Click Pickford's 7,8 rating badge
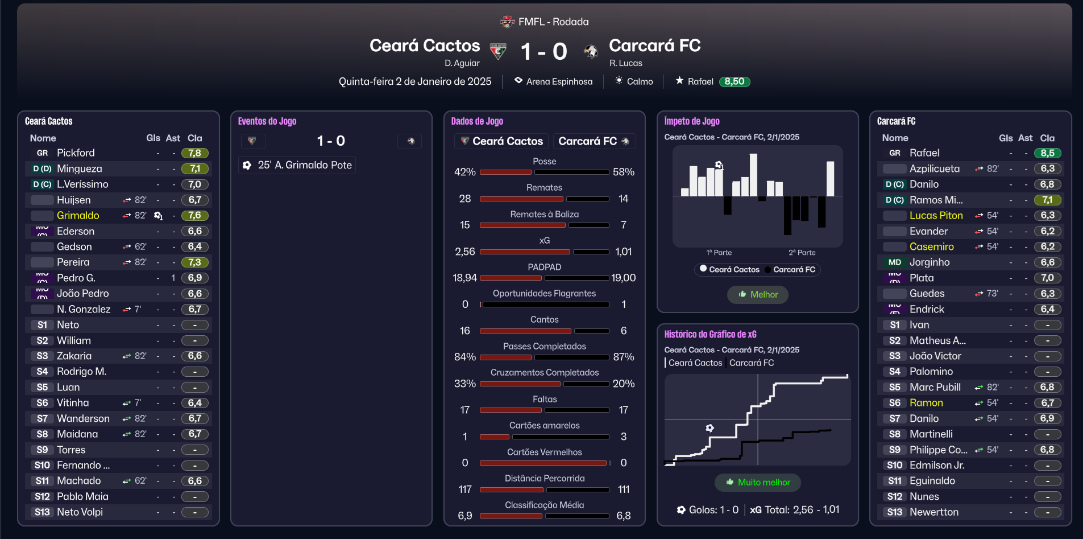(194, 153)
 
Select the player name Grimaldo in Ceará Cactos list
(78, 216)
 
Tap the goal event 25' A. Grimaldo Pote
(297, 165)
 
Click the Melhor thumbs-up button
(758, 294)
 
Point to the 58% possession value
(623, 172)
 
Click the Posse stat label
(544, 162)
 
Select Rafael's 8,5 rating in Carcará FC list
(1047, 153)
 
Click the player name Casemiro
(931, 247)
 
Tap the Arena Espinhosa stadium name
(559, 81)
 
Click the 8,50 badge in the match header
(734, 81)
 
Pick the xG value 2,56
(465, 252)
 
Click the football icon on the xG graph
(709, 428)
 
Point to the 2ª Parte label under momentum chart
(802, 253)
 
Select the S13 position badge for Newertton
(894, 512)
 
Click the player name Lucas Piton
(936, 216)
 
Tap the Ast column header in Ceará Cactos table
(173, 138)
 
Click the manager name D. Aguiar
(462, 63)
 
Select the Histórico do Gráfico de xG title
(710, 335)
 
